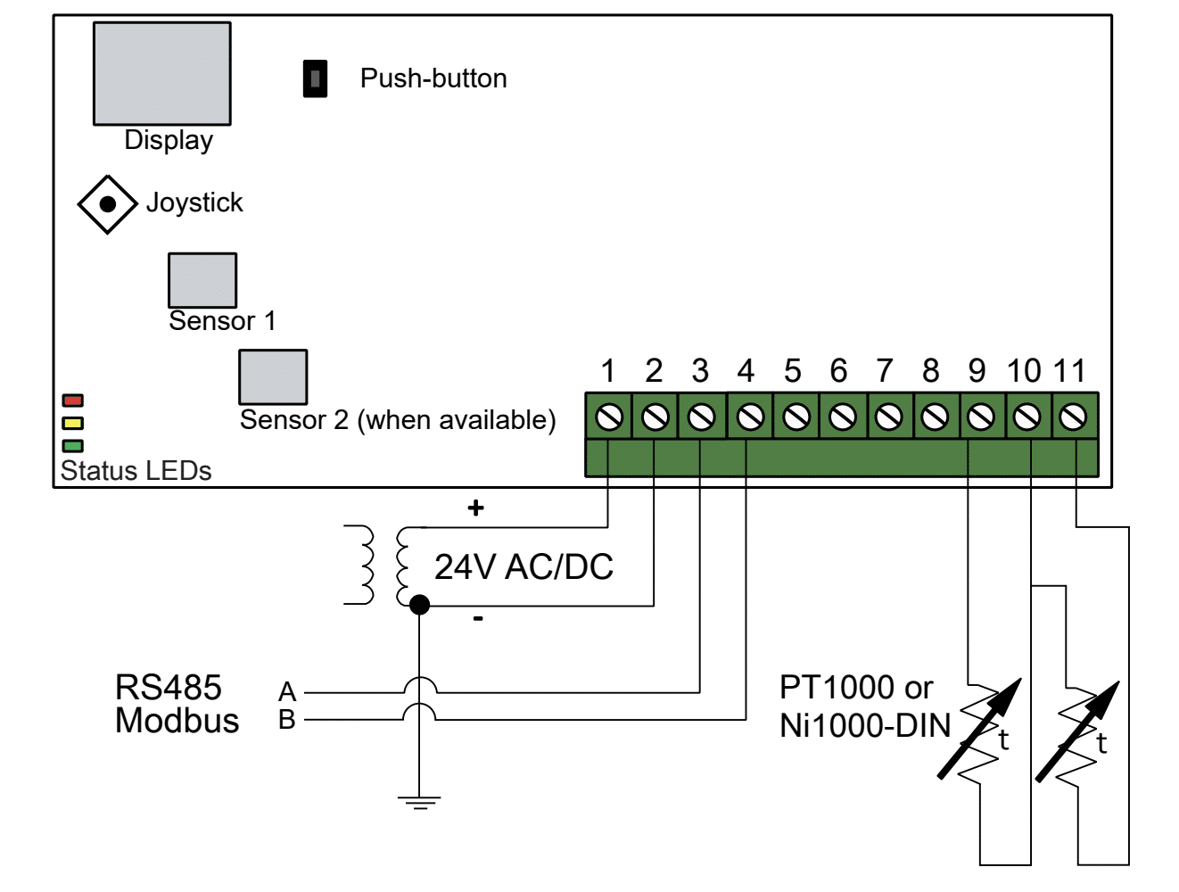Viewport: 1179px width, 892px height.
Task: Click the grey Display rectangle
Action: (x=161, y=73)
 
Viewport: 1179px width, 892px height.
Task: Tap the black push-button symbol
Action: (x=315, y=78)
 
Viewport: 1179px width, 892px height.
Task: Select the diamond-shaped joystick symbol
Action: (x=107, y=204)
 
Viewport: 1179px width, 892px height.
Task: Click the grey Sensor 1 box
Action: (x=202, y=280)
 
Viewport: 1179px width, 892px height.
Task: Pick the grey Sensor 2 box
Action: (x=273, y=377)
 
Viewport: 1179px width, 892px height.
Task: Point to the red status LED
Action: (x=73, y=401)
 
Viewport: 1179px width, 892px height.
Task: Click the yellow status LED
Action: (x=73, y=423)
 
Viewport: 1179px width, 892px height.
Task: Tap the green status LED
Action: (x=73, y=446)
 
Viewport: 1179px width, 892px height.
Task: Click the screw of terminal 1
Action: (x=609, y=417)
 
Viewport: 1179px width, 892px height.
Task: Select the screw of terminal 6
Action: (x=842, y=417)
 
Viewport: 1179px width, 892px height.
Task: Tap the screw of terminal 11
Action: (x=1073, y=417)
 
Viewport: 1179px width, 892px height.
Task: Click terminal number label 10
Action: (x=1024, y=371)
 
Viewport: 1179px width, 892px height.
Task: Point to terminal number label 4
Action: (x=746, y=371)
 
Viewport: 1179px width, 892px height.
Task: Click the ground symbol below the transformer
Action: (x=419, y=802)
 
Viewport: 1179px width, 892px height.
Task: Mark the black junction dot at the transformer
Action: (x=419, y=605)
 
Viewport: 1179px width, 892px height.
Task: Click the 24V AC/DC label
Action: (x=524, y=567)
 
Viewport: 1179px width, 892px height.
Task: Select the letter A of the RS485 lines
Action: (x=287, y=691)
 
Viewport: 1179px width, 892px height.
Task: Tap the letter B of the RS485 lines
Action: (x=287, y=720)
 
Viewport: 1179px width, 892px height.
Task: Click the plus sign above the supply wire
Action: (x=476, y=508)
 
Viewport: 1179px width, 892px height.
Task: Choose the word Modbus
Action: (x=177, y=720)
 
